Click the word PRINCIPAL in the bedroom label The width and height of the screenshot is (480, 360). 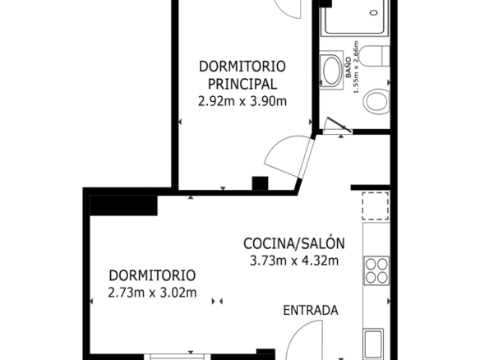coord(242,84)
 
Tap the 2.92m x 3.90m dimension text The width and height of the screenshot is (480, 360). coord(242,101)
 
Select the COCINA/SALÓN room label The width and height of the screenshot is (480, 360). coord(294,243)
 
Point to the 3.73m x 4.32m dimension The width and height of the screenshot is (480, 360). coord(294,261)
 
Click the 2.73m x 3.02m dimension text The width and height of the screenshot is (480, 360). coord(152,293)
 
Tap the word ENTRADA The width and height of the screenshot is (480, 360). coord(311,311)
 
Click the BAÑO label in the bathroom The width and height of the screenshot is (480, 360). coord(348,67)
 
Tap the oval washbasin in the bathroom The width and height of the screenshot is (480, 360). coord(331,71)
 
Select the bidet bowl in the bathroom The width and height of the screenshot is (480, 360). coord(376,101)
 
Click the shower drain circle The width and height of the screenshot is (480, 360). coord(373,13)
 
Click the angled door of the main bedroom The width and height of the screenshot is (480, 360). coord(290,156)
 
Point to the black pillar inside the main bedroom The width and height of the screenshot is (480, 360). coord(260,183)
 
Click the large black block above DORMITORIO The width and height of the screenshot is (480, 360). coord(123,205)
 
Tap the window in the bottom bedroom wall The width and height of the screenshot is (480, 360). coord(178,357)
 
